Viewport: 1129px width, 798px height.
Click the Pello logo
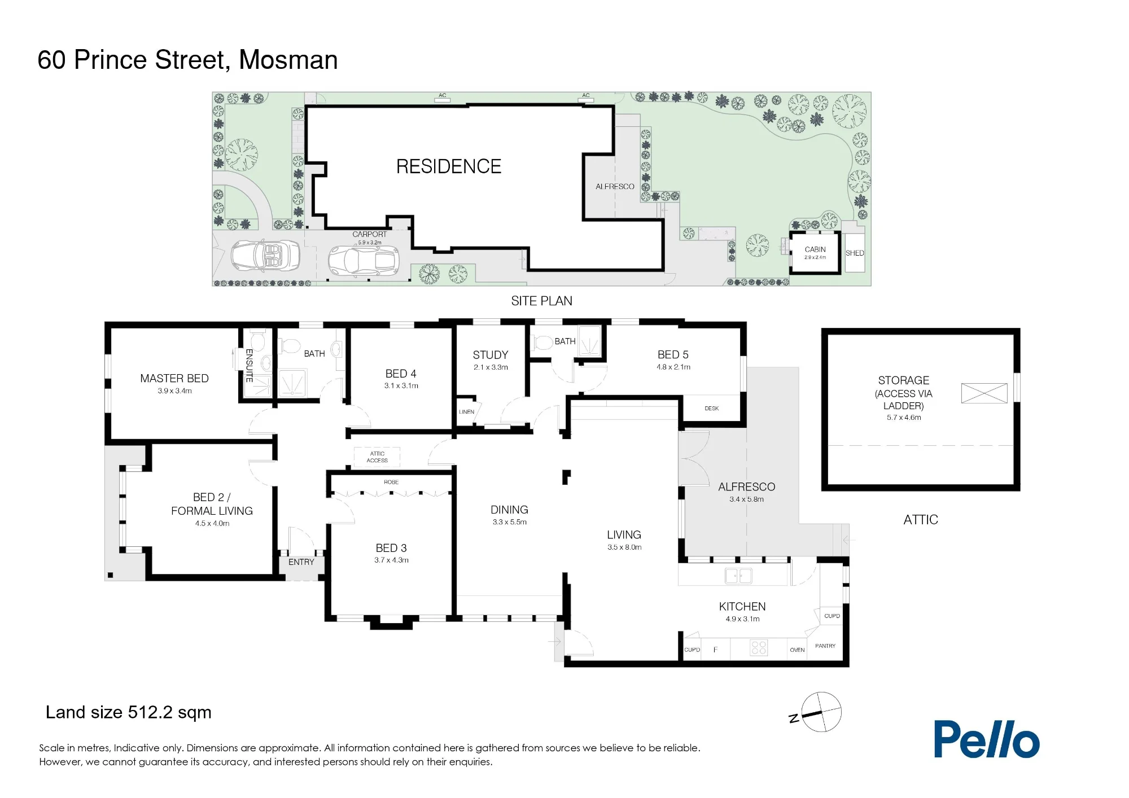pos(986,739)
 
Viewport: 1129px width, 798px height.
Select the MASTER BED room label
pos(174,378)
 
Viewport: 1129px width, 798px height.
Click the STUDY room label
pos(491,355)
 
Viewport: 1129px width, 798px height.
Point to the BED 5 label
pos(673,354)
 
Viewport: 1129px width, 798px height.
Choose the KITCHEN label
pos(742,607)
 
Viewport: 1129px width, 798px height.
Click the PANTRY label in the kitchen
pos(825,646)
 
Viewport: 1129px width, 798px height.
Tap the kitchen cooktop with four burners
pos(759,648)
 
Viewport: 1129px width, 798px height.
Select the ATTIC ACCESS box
pos(377,457)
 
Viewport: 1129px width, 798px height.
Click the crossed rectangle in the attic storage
pos(984,393)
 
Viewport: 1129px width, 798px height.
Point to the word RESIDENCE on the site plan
pos(449,166)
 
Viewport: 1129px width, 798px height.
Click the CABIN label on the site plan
pos(815,249)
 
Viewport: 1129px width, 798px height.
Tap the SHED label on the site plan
pos(855,253)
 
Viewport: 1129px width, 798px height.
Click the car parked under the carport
pos(364,261)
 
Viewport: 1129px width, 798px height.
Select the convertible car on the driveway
pos(265,256)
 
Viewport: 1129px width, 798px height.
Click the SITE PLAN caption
pos(541,301)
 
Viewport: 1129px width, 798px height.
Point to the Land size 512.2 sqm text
pos(129,713)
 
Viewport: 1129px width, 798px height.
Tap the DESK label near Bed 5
pos(712,408)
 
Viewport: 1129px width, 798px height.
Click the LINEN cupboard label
pos(466,412)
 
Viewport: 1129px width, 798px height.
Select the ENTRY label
pos(301,562)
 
